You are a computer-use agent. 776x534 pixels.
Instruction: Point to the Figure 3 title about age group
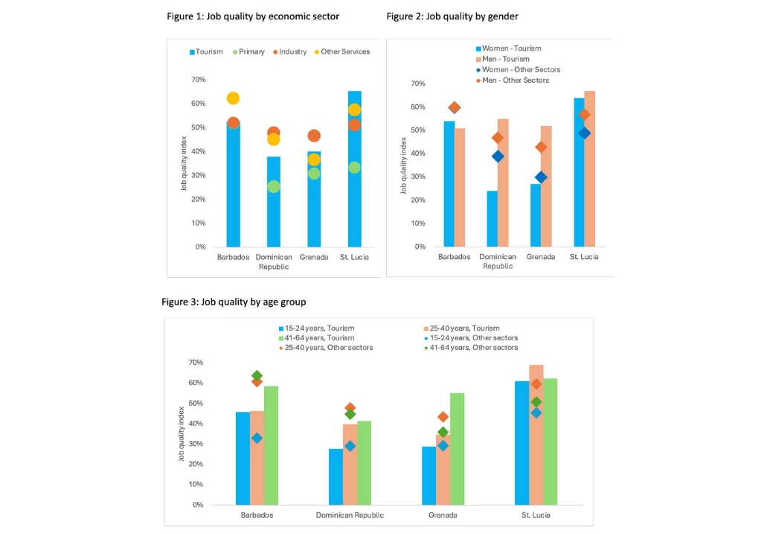[x=234, y=302]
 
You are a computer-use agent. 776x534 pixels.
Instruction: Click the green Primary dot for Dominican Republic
[x=274, y=186]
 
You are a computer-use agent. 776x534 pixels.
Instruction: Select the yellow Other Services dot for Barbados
[x=233, y=98]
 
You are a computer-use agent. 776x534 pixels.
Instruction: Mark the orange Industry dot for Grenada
[x=314, y=136]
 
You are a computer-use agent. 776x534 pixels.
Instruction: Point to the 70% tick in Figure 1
[x=198, y=80]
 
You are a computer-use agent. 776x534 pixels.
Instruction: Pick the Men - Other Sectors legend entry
[x=516, y=80]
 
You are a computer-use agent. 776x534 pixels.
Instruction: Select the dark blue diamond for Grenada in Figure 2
[x=541, y=177]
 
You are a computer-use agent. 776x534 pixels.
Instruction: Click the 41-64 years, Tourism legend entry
[x=321, y=337]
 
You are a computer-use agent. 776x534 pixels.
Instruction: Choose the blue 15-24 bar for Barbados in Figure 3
[x=243, y=458]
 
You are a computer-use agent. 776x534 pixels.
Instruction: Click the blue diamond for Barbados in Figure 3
[x=257, y=438]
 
